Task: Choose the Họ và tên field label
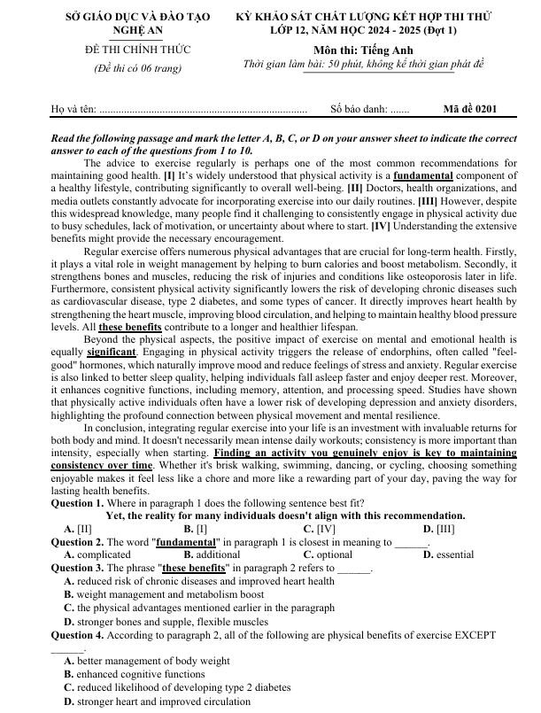tap(73, 110)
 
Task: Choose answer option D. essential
tap(449, 554)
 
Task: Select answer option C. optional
tap(322, 554)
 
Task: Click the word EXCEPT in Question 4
tap(475, 635)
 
